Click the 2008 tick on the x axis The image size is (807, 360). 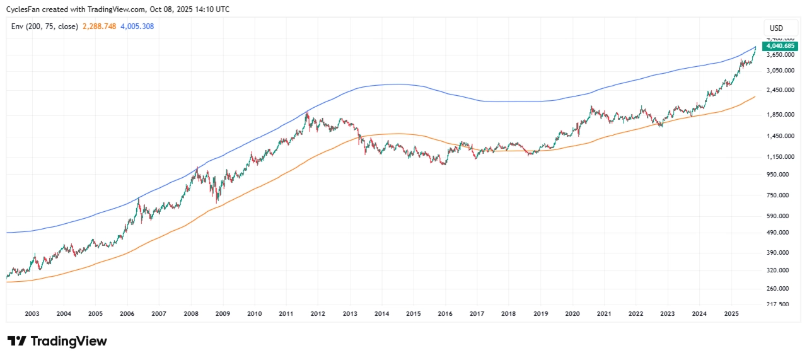(190, 313)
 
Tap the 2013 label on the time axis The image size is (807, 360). (349, 313)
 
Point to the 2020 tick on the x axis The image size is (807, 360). (572, 313)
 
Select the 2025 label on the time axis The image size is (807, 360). (731, 313)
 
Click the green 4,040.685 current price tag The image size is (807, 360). (781, 46)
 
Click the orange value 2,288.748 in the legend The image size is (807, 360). (99, 26)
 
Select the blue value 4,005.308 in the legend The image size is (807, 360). (137, 26)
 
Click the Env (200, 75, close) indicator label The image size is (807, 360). (45, 26)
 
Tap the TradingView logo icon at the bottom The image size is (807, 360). (16, 341)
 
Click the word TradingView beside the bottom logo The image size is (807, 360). (69, 341)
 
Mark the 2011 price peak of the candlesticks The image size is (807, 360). (307, 112)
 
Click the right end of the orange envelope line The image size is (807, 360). (755, 96)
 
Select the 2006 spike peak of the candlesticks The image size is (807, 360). (139, 199)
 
